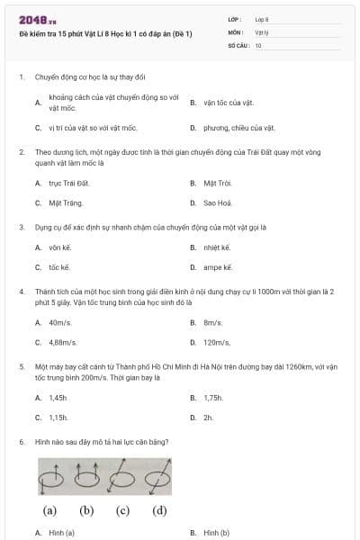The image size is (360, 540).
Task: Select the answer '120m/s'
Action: tap(217, 342)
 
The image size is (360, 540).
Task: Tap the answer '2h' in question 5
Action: tap(208, 417)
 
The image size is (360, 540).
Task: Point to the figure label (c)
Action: tap(123, 511)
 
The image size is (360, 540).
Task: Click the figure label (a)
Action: tap(49, 511)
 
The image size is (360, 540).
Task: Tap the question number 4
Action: tap(21, 292)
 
